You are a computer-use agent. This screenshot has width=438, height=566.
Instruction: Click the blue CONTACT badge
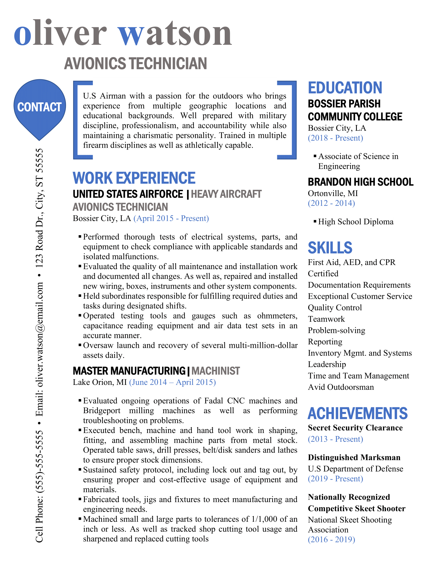pos(39,107)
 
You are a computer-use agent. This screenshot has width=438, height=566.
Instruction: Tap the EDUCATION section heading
pos(345,88)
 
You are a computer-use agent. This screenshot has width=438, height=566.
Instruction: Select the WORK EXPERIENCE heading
pos(134,178)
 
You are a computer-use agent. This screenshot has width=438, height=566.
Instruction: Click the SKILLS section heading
pos(330,248)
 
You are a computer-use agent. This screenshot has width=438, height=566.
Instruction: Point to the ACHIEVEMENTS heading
pos(357,413)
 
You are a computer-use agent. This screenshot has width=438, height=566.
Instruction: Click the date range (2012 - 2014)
pos(331,203)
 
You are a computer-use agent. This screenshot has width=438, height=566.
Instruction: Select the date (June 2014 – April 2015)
pos(172,382)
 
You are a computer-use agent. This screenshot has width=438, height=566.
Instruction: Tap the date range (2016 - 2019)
pos(331,539)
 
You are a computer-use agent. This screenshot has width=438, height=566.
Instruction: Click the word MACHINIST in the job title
pos(216,371)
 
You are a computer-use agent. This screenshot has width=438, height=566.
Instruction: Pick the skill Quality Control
pos(335,308)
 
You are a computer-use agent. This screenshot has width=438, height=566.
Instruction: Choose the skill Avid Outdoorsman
pos(341,387)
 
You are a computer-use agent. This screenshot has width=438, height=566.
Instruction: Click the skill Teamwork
pos(326,319)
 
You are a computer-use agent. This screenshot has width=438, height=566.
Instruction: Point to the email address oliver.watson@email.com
pos(39,337)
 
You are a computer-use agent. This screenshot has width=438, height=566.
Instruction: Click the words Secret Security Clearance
pos(355,428)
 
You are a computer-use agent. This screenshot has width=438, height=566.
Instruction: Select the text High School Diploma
pos(356,222)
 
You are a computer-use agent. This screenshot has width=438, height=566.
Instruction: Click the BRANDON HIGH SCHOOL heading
pos(360,182)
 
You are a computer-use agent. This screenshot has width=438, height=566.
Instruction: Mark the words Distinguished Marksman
pos(354,457)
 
